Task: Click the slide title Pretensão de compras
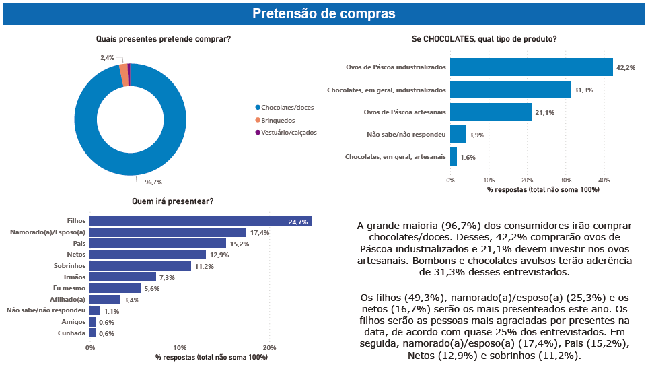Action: tap(324, 13)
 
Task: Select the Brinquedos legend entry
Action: tap(278, 120)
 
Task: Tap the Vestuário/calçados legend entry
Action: tap(288, 132)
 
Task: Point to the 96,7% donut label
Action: tap(153, 182)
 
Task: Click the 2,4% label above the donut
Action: tap(107, 58)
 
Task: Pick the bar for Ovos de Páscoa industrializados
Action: tap(532, 67)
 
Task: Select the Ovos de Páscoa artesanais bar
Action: tap(491, 112)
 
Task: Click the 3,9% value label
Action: tap(476, 135)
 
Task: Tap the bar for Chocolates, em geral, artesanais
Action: tap(454, 157)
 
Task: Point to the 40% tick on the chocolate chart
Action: tap(604, 180)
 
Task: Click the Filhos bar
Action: tap(201, 221)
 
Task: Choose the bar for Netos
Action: tap(147, 255)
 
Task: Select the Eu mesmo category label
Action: tap(70, 288)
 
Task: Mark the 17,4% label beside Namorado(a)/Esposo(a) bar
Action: tap(259, 232)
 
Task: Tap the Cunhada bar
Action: tap(93, 333)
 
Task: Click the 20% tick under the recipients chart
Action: tap(269, 348)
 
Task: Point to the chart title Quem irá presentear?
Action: tap(173, 201)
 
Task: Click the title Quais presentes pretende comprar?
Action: tap(164, 39)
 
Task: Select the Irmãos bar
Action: tap(122, 277)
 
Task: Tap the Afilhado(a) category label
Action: tap(68, 299)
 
